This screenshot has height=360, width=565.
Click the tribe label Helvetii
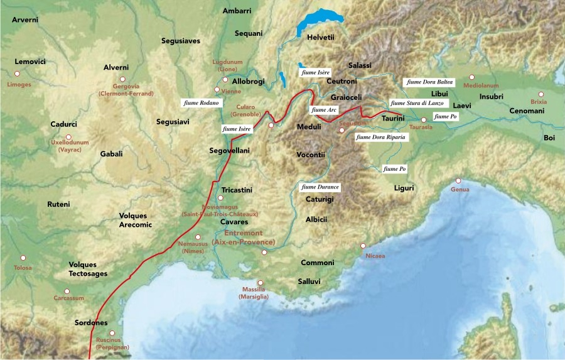click(321, 38)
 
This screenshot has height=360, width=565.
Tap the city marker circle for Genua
click(458, 180)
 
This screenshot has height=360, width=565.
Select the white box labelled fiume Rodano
click(202, 102)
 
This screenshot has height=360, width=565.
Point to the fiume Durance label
click(320, 187)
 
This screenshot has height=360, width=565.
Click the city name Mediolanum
click(481, 85)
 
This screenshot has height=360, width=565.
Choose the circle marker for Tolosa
click(23, 258)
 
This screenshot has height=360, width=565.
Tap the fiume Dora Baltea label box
click(430, 82)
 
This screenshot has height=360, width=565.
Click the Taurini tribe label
click(393, 118)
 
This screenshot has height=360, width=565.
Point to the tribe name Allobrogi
click(249, 82)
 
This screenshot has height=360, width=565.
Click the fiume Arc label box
click(324, 110)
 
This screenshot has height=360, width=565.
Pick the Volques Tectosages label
click(88, 269)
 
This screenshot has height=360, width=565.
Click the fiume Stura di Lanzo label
click(416, 103)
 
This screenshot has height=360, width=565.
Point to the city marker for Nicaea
click(363, 246)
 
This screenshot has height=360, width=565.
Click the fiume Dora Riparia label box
click(380, 136)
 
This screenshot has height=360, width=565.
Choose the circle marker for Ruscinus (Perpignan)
click(112, 334)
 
